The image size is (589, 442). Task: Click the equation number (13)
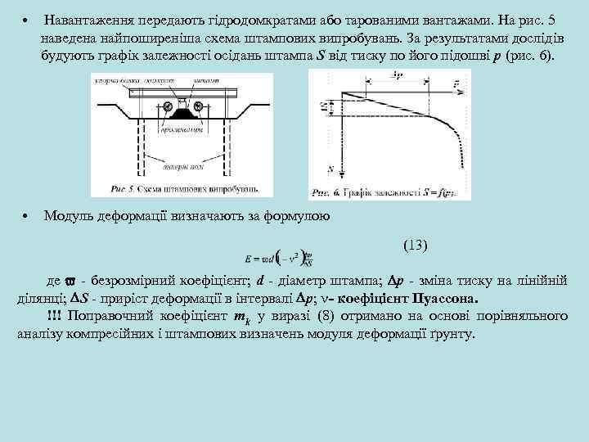(x=416, y=246)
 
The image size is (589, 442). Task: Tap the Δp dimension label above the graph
(x=398, y=76)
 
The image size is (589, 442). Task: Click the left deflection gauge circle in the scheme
(x=168, y=106)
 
